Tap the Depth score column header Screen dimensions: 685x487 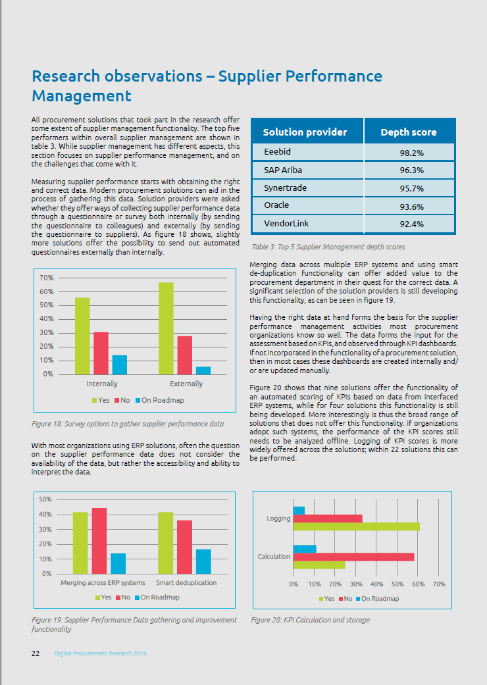[408, 132]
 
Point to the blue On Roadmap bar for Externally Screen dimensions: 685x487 [203, 370]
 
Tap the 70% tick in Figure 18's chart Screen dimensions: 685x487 [47, 278]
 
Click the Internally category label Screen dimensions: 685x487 [102, 384]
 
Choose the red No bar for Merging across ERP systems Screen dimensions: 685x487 [99, 540]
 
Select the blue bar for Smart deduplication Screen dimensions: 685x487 [203, 561]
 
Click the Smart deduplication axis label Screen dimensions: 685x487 [186, 583]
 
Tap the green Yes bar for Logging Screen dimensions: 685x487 [356, 526]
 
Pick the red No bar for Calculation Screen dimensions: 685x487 [353, 557]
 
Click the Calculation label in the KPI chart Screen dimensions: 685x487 [274, 557]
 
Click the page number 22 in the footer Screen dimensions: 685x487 [36, 653]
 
